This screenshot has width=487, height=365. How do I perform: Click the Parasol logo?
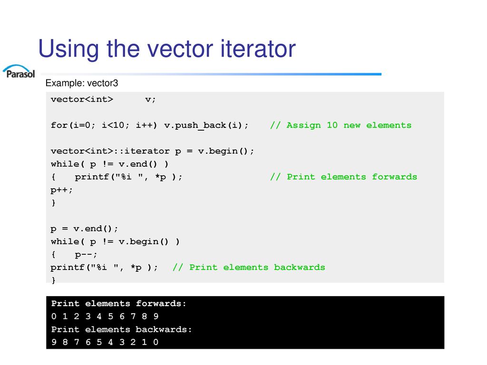click(x=19, y=71)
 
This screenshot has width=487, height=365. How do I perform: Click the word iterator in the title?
click(x=258, y=48)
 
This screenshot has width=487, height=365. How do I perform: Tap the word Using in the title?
click(x=68, y=49)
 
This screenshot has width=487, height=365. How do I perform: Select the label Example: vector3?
click(x=82, y=83)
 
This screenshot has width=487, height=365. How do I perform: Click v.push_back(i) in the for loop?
click(x=203, y=125)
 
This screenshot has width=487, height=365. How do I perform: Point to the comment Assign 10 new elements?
click(x=341, y=125)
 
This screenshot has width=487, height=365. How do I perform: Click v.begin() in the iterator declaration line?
click(x=223, y=151)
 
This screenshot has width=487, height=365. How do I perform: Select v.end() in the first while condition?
click(x=138, y=164)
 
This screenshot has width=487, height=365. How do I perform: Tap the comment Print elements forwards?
click(x=343, y=177)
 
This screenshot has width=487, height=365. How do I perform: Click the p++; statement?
click(x=61, y=190)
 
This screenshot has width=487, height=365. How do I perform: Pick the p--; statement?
click(x=86, y=255)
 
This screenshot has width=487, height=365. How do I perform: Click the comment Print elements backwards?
click(x=249, y=267)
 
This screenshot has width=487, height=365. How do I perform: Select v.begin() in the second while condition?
click(x=144, y=241)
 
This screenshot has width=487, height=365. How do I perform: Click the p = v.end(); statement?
click(x=84, y=229)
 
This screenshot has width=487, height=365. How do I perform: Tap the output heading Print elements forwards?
click(x=118, y=303)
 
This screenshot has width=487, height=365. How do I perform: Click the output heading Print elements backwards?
click(x=121, y=329)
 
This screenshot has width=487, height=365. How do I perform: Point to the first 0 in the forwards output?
click(x=54, y=316)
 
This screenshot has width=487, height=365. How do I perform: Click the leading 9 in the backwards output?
click(x=54, y=342)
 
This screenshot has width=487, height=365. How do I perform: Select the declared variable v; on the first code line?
click(x=150, y=100)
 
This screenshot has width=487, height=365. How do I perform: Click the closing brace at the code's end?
click(x=53, y=280)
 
